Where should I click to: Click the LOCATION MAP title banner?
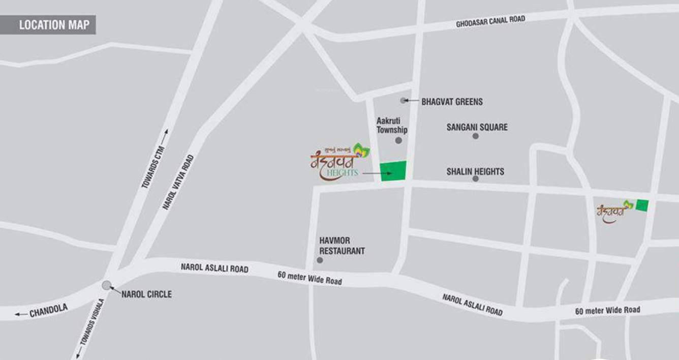[48, 25]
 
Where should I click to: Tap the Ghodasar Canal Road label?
[490, 21]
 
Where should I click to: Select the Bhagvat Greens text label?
[452, 102]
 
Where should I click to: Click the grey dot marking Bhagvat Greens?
[403, 101]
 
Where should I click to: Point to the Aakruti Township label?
[392, 126]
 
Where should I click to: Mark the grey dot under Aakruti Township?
[398, 140]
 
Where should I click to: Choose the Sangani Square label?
[477, 127]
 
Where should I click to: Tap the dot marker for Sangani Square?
[475, 136]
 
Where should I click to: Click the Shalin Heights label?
[475, 171]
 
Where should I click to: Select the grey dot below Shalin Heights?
[475, 179]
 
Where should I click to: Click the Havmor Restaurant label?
[342, 246]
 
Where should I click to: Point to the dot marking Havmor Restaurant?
[320, 260]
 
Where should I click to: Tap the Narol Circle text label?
[146, 294]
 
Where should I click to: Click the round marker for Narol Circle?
[106, 285]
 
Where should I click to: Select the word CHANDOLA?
[48, 311]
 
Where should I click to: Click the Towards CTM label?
[155, 159]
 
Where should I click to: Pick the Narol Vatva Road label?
[178, 182]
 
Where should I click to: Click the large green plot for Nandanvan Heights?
[394, 171]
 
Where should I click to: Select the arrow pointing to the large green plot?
[377, 174]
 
